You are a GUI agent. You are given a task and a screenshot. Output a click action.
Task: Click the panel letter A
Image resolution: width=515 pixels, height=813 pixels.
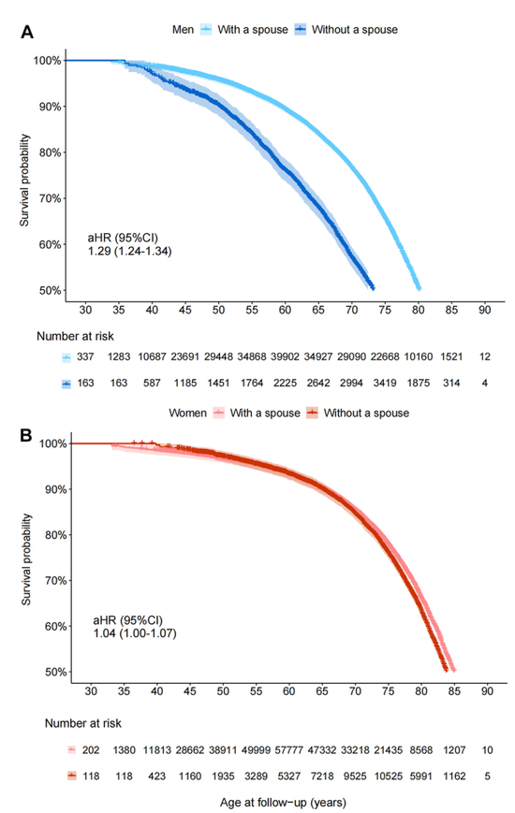pos(28,32)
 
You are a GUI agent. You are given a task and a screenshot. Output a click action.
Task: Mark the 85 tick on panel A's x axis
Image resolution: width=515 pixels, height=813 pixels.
pos(451,310)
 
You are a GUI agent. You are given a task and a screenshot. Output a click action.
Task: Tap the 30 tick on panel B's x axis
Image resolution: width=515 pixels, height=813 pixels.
pos(91,691)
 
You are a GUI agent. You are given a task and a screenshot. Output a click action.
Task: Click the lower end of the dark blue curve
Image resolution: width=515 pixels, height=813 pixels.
pos(373,287)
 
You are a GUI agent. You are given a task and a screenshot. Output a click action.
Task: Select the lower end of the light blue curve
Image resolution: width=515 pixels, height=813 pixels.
pos(418,287)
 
